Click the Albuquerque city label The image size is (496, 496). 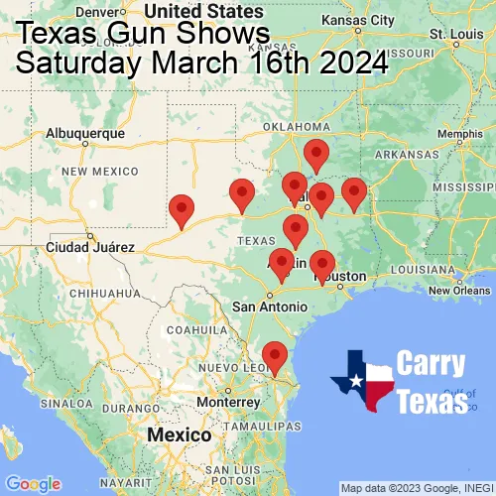(x=86, y=132)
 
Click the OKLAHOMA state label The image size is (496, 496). (x=297, y=126)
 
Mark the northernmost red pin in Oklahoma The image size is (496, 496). (x=316, y=155)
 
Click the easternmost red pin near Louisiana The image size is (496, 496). (x=354, y=192)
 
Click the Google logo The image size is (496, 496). (x=32, y=484)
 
